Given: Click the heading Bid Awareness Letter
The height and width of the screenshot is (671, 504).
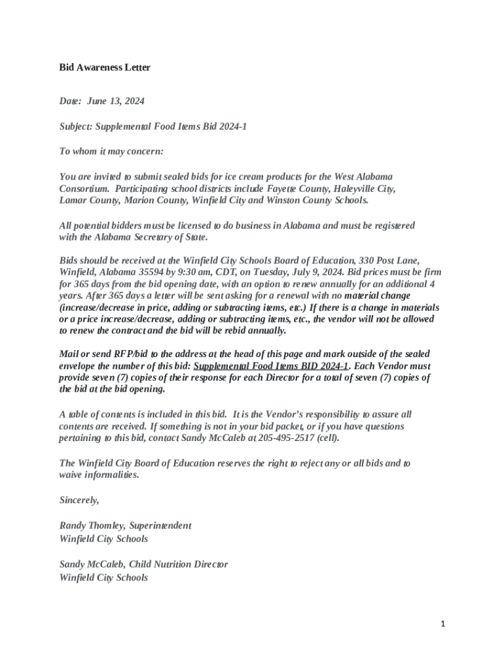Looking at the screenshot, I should click(x=105, y=67).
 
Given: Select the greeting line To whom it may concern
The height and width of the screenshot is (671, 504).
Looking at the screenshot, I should click(x=111, y=151).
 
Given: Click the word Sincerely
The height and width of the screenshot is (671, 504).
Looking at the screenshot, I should click(x=79, y=500).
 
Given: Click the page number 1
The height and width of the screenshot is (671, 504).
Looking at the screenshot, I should click(x=442, y=624).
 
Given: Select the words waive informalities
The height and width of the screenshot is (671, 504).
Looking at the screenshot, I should click(x=99, y=475).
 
